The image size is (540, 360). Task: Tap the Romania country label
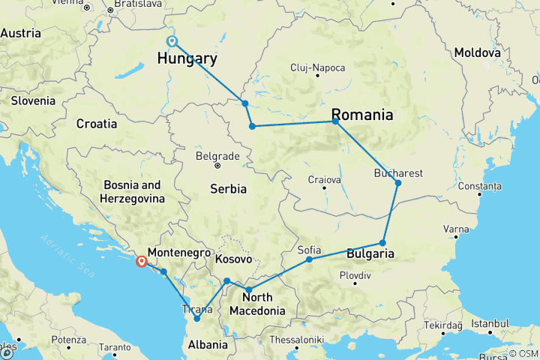point(362,115)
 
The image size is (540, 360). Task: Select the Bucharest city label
point(399,172)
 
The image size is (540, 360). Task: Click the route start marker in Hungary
point(172,41)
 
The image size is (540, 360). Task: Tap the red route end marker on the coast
point(140,261)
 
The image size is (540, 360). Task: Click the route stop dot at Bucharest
point(398,183)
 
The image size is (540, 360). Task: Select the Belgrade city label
point(217,156)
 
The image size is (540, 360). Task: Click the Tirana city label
point(196,308)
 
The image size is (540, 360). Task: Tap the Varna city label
point(456,228)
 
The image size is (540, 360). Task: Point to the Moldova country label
point(477,53)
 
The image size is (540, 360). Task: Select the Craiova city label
point(325,179)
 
